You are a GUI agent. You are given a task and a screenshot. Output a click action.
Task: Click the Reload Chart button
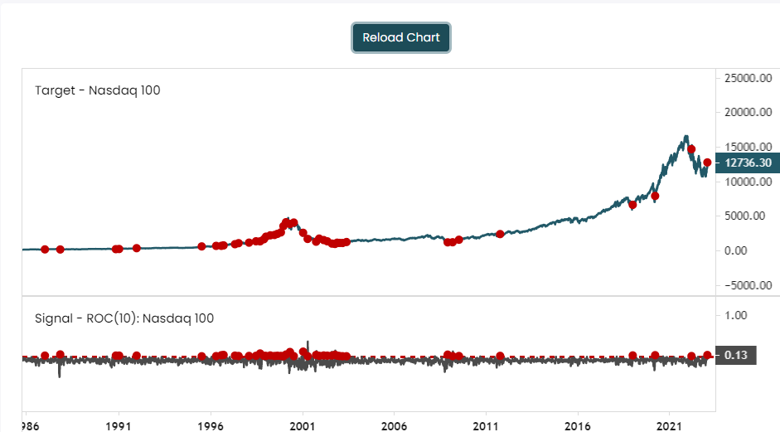tap(401, 37)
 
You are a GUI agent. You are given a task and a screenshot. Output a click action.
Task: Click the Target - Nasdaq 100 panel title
tap(98, 90)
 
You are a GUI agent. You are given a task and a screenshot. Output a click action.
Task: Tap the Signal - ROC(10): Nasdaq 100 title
tap(124, 318)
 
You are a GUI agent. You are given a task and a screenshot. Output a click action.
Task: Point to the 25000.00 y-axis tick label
tap(749, 78)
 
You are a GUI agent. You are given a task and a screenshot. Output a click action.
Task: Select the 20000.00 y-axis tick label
tap(749, 113)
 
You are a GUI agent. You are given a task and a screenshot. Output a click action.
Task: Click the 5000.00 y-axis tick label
tap(744, 216)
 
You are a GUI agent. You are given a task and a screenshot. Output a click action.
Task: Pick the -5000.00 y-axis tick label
tap(749, 285)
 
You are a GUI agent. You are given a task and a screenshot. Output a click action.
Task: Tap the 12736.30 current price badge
tap(748, 163)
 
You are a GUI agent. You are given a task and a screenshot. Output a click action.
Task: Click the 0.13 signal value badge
tap(736, 356)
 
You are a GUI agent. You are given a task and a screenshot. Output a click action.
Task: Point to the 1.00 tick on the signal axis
tap(736, 316)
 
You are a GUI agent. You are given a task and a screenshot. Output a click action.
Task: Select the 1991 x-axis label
tap(119, 426)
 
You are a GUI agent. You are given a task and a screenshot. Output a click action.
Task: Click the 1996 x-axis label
tap(211, 426)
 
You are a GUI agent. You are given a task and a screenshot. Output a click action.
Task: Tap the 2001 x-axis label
tap(303, 426)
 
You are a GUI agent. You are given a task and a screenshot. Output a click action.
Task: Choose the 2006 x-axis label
tap(394, 426)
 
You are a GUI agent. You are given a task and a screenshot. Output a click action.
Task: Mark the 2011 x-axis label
tap(486, 426)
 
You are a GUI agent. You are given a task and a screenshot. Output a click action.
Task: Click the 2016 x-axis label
tap(578, 426)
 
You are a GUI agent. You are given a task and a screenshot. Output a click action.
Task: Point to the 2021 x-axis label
tap(669, 426)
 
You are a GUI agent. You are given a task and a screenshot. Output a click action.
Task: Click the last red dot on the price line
tap(707, 163)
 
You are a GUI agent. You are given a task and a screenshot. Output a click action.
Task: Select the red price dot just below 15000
tap(691, 149)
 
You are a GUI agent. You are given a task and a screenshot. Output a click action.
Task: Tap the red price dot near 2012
tap(500, 234)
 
